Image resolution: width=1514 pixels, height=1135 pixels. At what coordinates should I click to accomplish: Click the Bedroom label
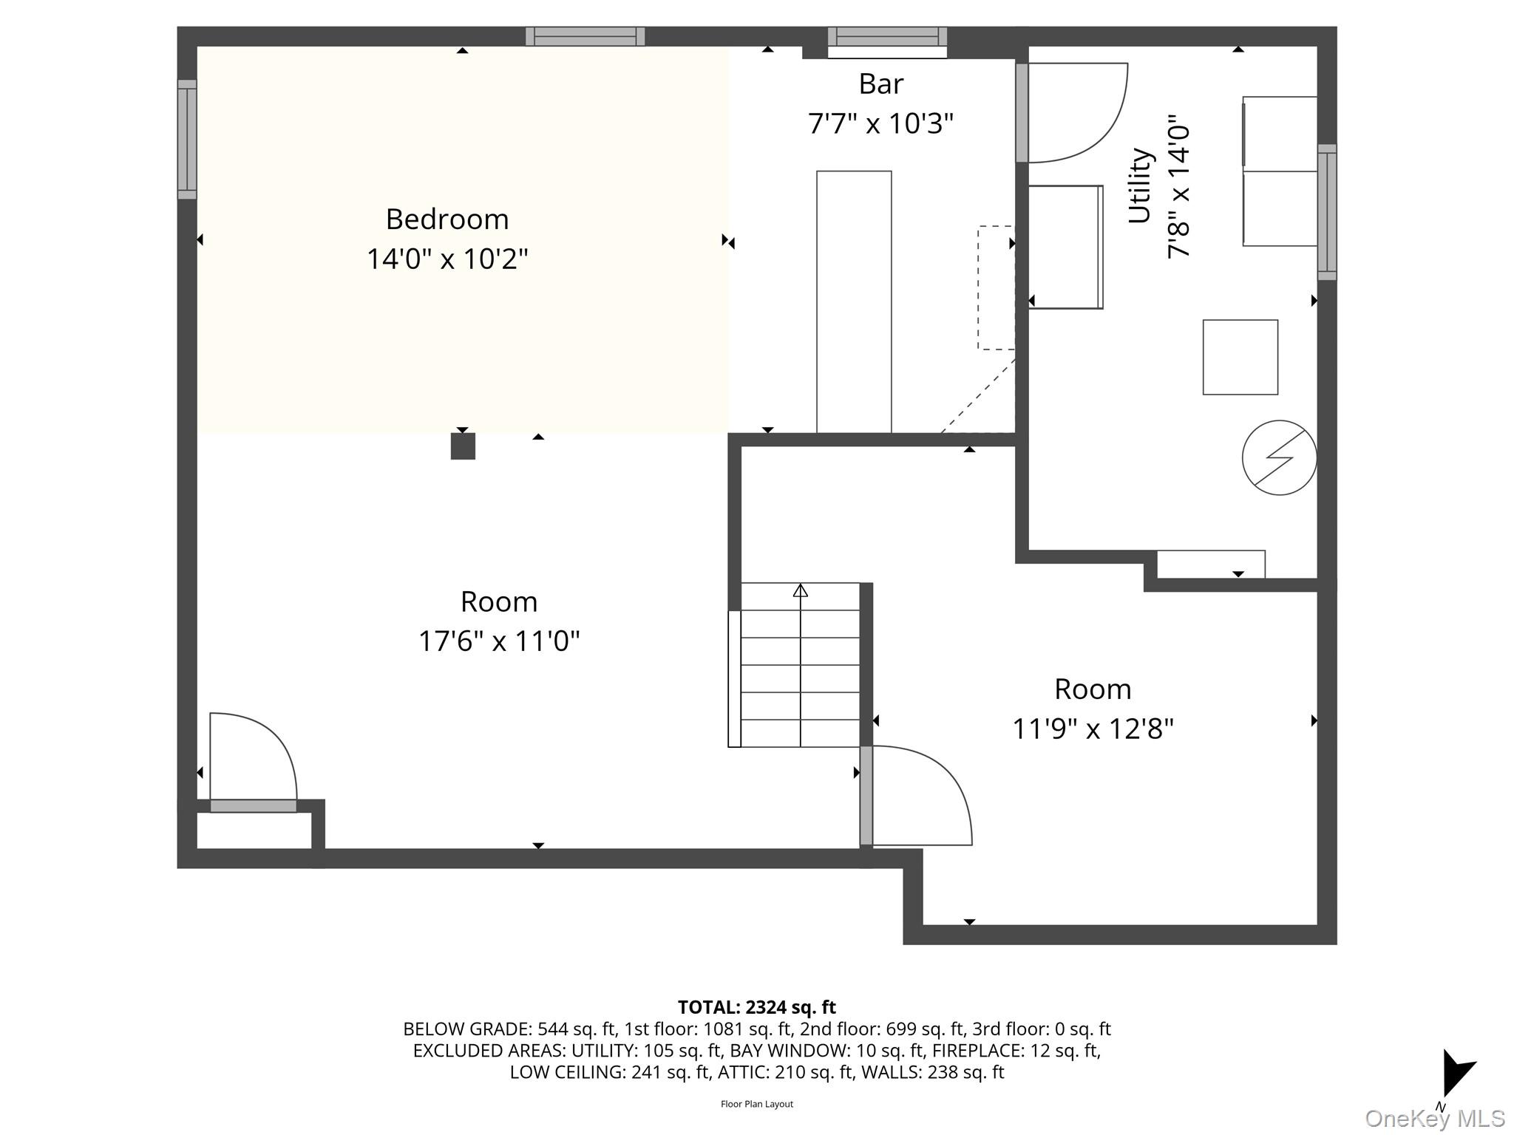[447, 219]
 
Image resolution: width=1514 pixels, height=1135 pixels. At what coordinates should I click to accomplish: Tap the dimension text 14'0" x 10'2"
[447, 259]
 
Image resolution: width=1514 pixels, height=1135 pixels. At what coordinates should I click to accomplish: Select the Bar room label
[880, 84]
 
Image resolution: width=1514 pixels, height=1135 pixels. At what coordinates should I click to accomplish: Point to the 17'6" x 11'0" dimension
[499, 641]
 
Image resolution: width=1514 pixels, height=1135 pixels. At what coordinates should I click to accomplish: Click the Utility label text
[1139, 185]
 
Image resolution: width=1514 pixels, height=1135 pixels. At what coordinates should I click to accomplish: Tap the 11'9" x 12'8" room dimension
[1093, 729]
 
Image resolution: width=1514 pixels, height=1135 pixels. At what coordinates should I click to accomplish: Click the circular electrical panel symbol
[1279, 457]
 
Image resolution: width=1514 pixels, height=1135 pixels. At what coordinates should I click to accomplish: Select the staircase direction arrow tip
[801, 590]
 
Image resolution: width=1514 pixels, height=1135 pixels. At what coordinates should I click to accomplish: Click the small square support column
[463, 446]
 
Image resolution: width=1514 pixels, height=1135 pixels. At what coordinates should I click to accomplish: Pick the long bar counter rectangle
[854, 301]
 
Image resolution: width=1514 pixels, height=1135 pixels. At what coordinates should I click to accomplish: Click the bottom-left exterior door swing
[253, 757]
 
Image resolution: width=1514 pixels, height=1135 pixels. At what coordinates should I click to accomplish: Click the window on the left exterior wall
[187, 140]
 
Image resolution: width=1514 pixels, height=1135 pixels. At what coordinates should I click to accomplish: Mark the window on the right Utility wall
[1327, 212]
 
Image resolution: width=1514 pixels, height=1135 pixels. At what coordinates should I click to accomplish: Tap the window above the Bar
[887, 37]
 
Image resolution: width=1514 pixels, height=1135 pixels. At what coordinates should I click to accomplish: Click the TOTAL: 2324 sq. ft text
[756, 1007]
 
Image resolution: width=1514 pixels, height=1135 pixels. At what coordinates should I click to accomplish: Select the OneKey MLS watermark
[1434, 1119]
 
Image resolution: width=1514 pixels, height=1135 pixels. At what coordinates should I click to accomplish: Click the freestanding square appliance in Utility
[1240, 357]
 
